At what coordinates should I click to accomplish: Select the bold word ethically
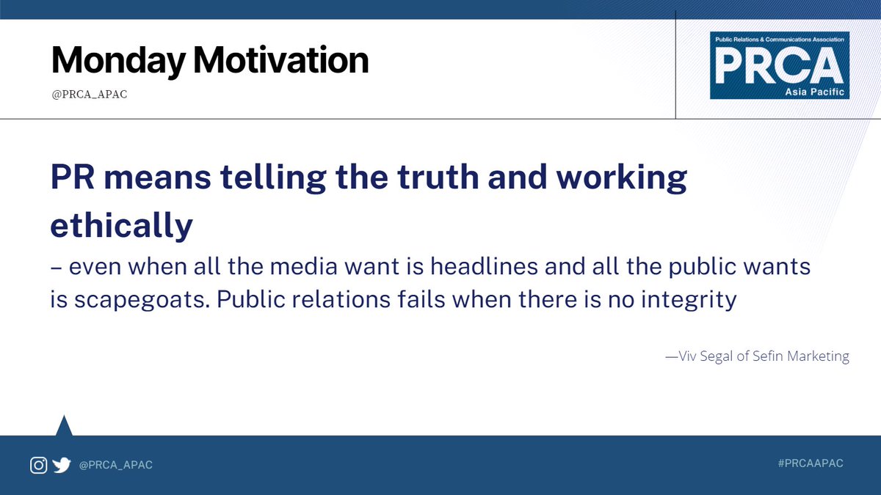[x=121, y=227]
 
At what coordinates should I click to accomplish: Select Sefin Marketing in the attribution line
[x=803, y=357]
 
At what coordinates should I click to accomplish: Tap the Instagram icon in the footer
[x=38, y=465]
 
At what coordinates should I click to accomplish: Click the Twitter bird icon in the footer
[x=62, y=465]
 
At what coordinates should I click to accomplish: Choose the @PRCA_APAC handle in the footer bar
[x=115, y=465]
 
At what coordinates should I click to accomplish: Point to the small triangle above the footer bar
[x=64, y=426]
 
